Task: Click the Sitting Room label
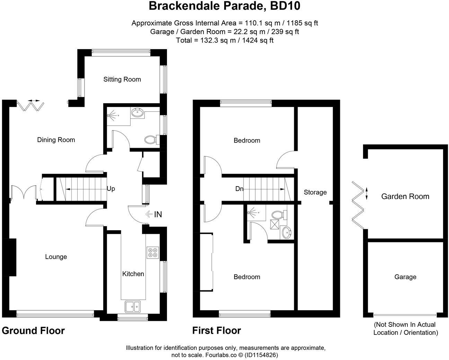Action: (122, 79)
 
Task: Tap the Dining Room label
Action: (56, 140)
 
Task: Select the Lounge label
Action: (56, 257)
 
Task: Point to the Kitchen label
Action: (133, 274)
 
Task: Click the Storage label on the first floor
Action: (315, 192)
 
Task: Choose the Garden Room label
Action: (405, 197)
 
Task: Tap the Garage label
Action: (405, 277)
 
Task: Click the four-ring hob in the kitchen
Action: (153, 252)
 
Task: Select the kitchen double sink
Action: (133, 306)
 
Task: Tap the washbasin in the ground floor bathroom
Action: (138, 113)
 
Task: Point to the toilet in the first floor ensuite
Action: (278, 214)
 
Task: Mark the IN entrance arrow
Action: (150, 214)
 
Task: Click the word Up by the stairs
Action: (111, 189)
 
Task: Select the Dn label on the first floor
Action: (239, 189)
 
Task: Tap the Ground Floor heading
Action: (33, 331)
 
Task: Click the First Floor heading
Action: (217, 331)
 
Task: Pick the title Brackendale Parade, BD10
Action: (224, 6)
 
